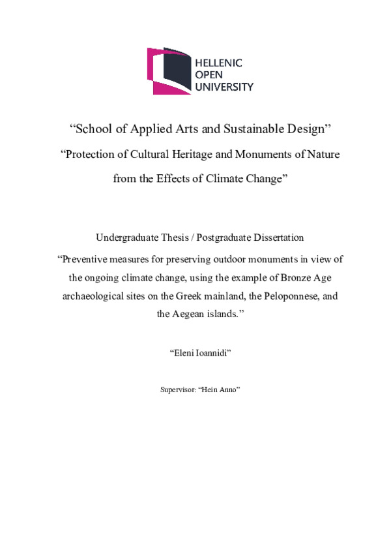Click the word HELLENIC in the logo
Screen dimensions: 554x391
click(219, 63)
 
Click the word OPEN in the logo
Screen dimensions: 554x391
click(210, 74)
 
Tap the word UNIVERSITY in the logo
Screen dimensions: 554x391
click(225, 86)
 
